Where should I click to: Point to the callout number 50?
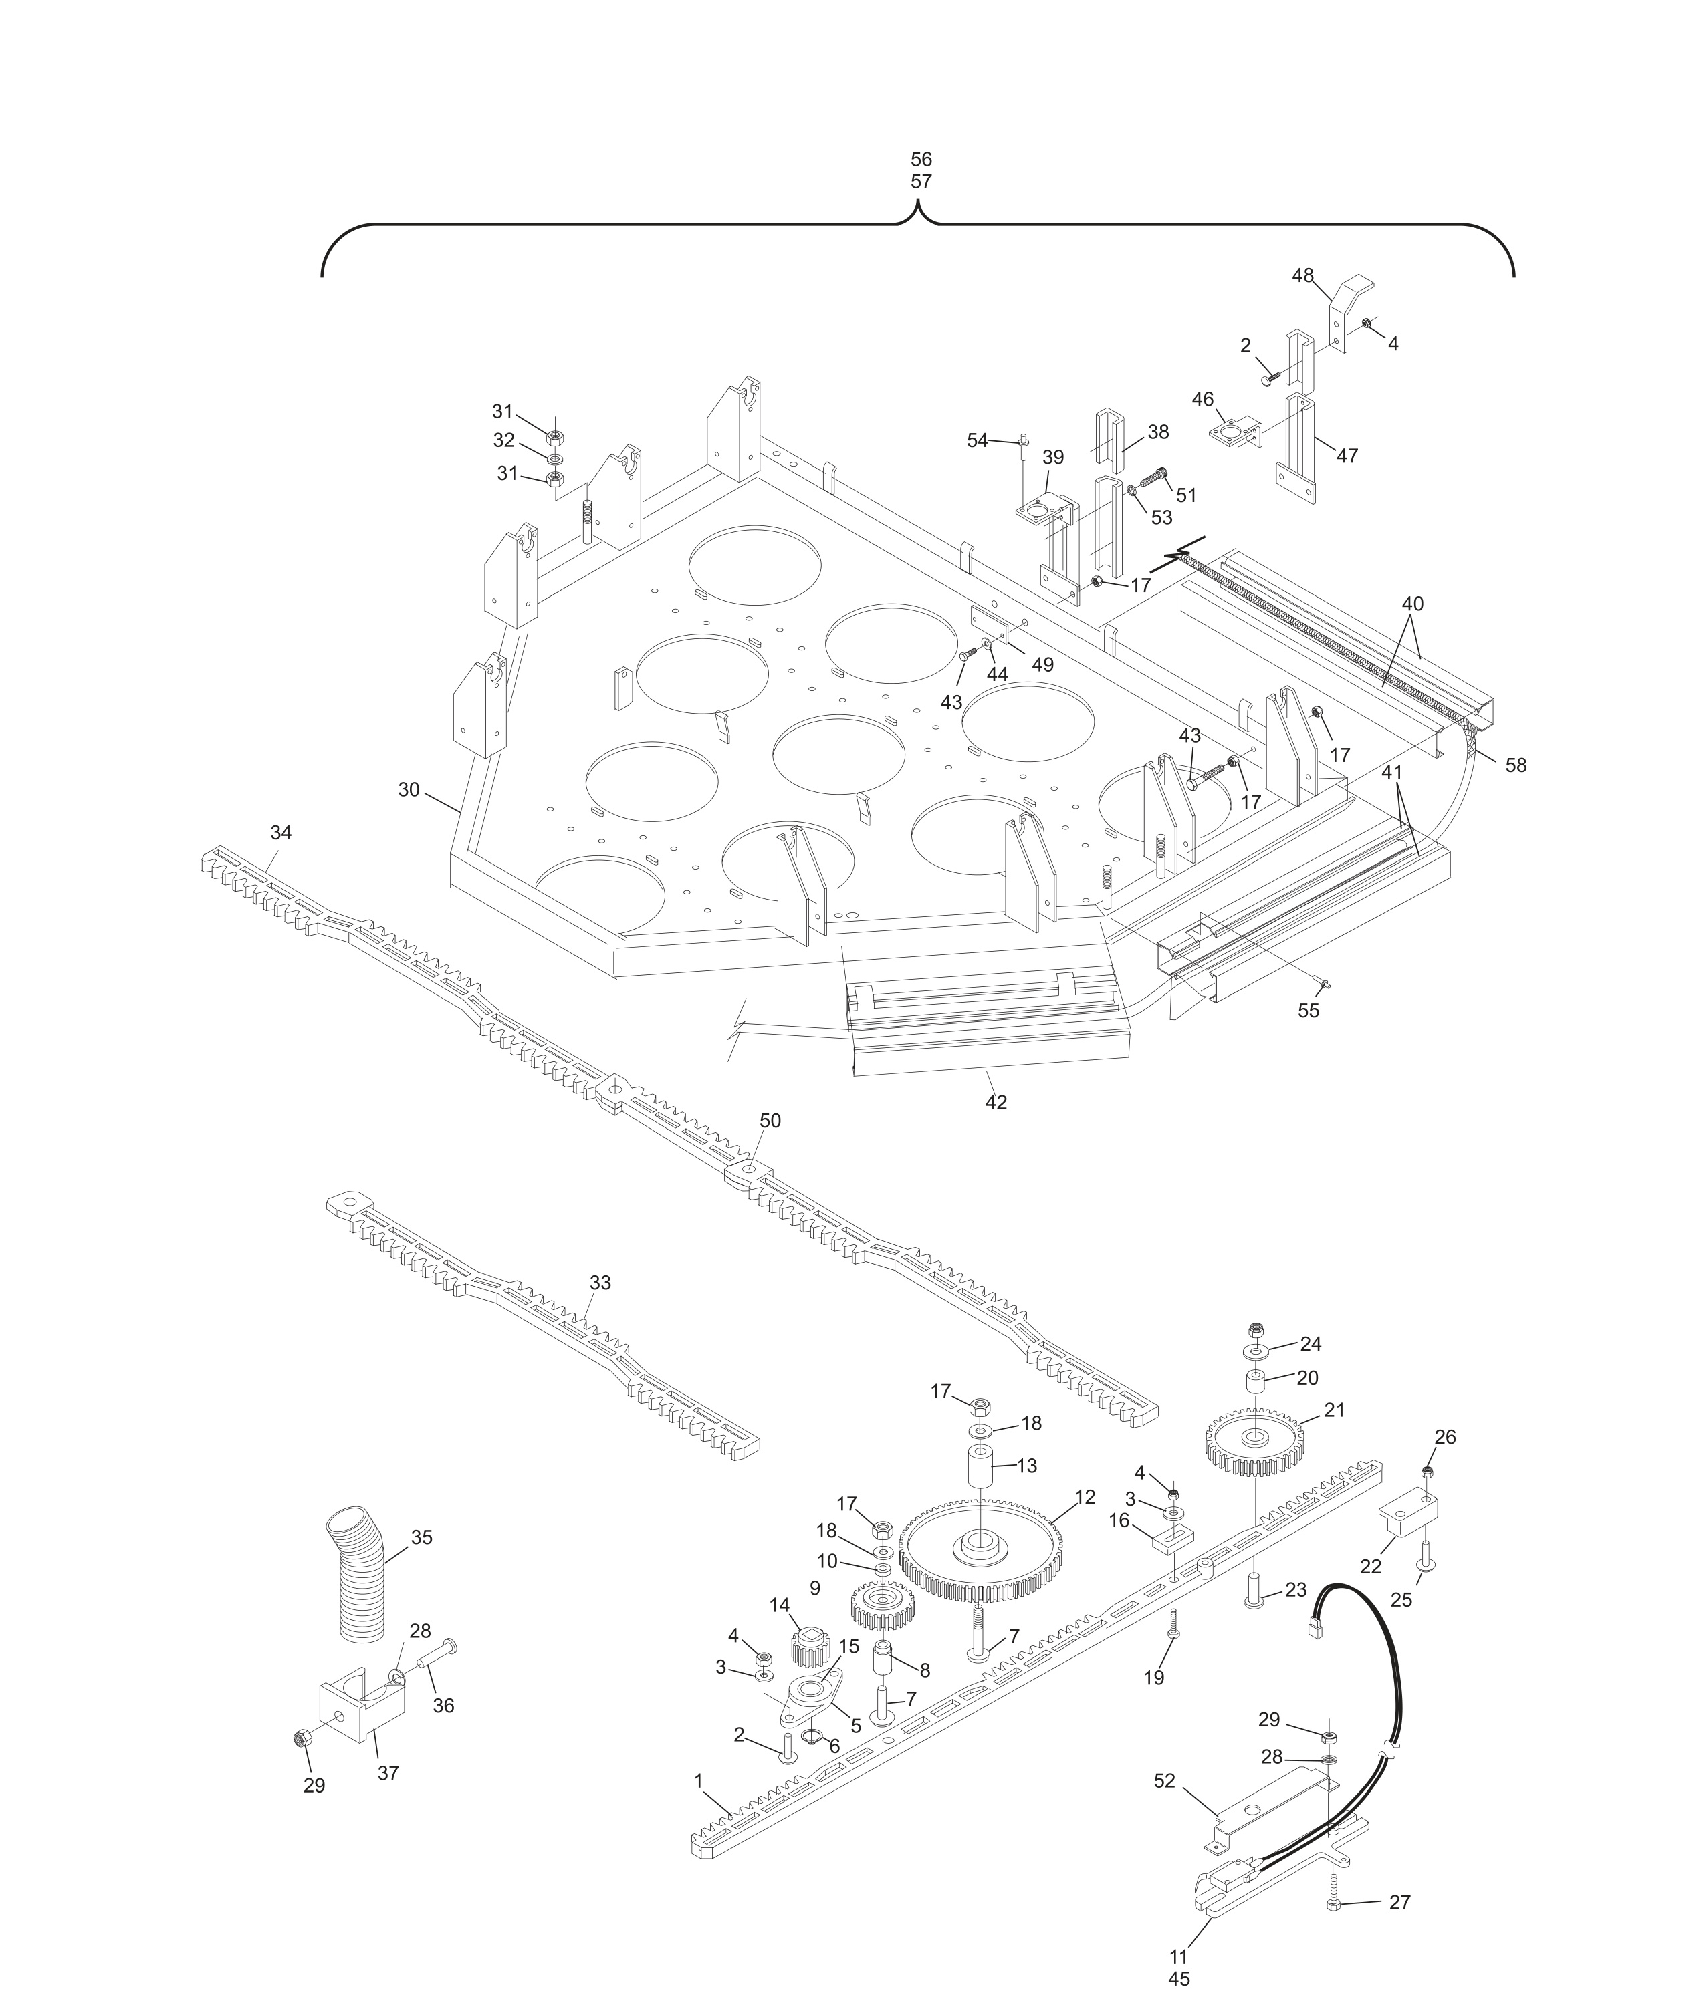(770, 1120)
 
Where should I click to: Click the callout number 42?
(996, 1102)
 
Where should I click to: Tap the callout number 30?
(409, 789)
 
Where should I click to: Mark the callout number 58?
(1516, 765)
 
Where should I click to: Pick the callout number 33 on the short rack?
(600, 1282)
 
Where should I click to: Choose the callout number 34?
(281, 832)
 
